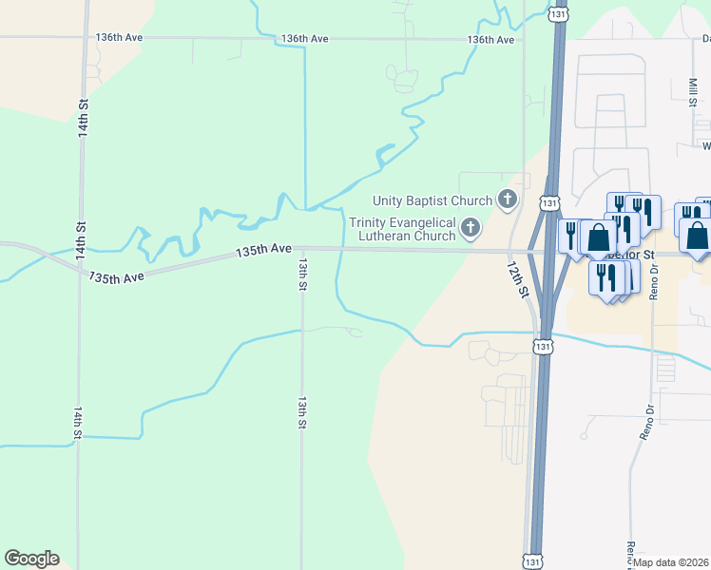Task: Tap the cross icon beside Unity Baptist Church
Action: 508,199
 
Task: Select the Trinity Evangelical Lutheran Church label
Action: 403,229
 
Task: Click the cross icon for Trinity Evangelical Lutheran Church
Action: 471,228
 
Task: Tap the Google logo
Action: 31,559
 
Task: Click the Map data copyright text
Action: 671,562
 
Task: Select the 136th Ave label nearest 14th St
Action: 119,37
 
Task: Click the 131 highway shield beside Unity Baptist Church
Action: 549,202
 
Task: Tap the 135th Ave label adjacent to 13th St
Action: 263,249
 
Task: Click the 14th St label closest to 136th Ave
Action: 84,117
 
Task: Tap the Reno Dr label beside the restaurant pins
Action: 654,286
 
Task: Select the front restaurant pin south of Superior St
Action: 606,277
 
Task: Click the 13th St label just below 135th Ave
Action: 302,273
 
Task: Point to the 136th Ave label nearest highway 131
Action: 490,40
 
